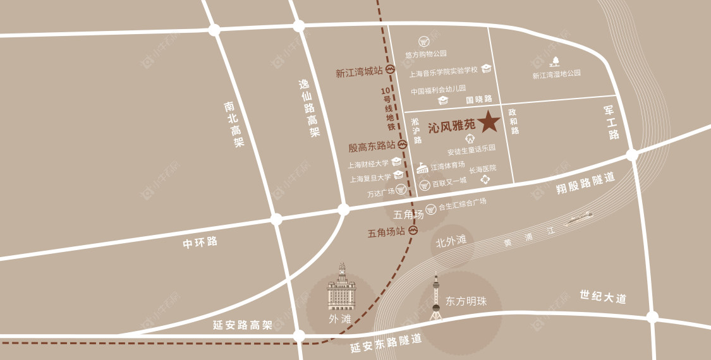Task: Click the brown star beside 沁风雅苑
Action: pos(488,122)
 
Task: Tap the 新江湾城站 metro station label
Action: pos(359,73)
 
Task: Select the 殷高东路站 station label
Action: pos(371,147)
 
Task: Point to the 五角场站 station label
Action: pos(386,232)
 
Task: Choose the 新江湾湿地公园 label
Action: pos(556,74)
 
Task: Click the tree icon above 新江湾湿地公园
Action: pos(556,61)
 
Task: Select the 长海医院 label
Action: pos(483,169)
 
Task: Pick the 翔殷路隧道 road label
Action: pos(585,183)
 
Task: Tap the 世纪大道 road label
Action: pos(603,297)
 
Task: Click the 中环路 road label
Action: pos(200,242)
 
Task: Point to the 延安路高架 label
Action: pos(242,325)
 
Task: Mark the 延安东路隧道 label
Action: pos(386,343)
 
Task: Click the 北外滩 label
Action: pos(451,241)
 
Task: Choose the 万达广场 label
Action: pos(381,193)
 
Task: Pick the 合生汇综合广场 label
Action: pos(462,203)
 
